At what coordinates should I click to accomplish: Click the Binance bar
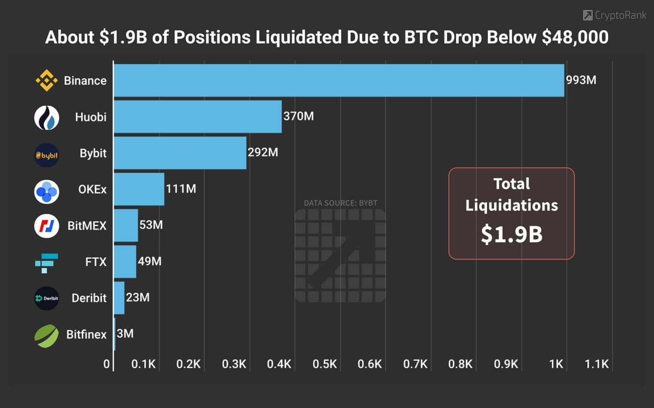(339, 80)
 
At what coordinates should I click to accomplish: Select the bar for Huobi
(198, 117)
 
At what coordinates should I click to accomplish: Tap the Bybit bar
(180, 153)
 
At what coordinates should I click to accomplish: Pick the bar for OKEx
(139, 189)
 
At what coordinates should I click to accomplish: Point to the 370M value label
(298, 117)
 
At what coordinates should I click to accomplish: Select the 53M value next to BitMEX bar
(151, 225)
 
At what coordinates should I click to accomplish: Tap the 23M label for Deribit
(137, 298)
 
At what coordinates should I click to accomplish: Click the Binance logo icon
(46, 81)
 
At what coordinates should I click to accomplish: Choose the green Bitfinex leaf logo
(46, 335)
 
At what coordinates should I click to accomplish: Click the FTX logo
(46, 262)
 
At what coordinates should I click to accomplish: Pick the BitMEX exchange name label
(87, 225)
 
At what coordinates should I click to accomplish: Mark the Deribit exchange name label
(89, 298)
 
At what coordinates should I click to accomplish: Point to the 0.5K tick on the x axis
(325, 365)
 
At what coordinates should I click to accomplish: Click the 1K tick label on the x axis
(556, 365)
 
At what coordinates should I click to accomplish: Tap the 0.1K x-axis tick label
(144, 365)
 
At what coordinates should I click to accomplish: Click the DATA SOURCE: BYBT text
(340, 203)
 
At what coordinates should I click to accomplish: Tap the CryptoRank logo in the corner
(615, 15)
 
